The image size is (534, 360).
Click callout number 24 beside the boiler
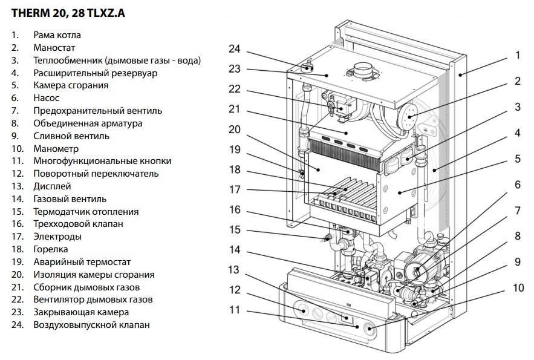coord(235,49)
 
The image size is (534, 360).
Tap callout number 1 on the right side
coord(518,55)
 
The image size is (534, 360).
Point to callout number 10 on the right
coord(518,287)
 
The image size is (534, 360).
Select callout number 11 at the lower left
coord(235,310)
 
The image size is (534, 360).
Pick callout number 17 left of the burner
coord(235,189)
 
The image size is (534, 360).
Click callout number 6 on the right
coord(518,185)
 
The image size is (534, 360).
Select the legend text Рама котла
coord(57,35)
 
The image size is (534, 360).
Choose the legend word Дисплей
coord(53,186)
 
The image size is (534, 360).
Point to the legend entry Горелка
coord(51,249)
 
